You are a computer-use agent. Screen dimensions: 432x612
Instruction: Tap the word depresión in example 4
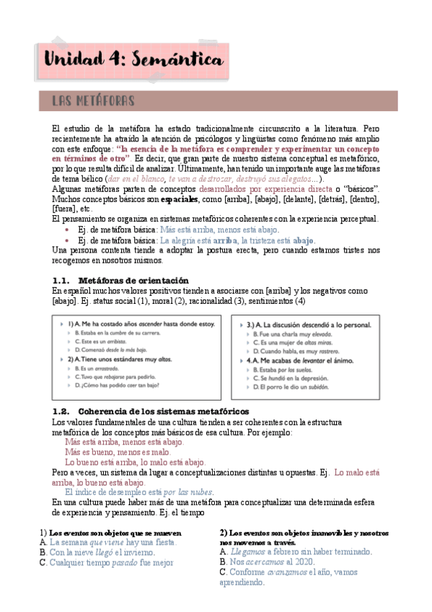point(312,377)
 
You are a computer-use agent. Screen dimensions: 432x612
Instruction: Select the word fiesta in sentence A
point(163,541)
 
